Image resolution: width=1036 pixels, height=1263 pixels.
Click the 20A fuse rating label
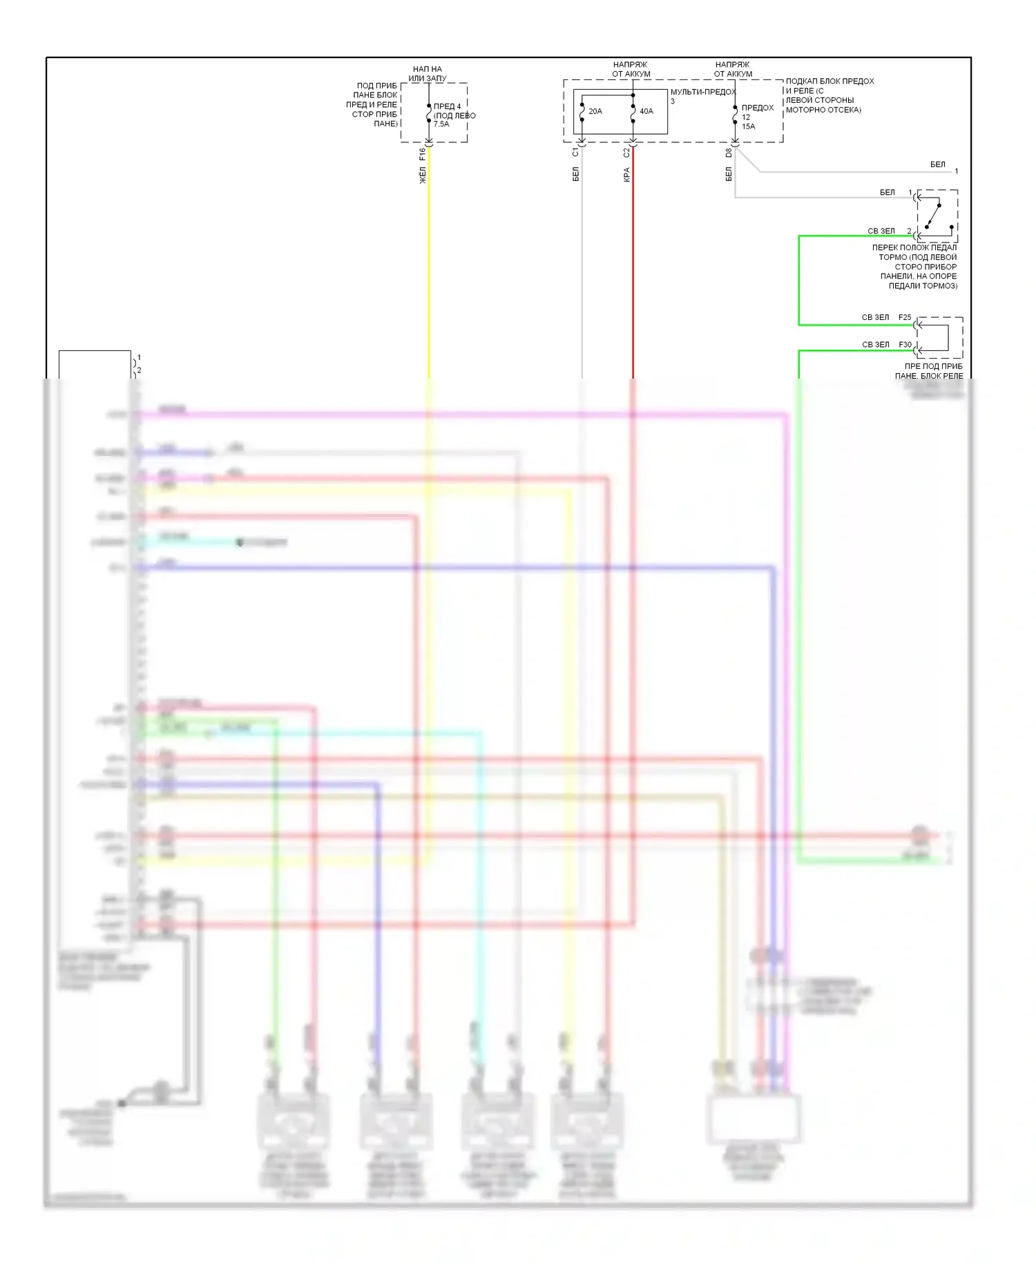595,111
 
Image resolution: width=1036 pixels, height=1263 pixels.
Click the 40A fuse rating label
646,111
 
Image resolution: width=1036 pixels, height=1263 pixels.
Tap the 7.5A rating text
441,124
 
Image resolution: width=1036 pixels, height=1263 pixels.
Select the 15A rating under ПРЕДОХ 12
748,126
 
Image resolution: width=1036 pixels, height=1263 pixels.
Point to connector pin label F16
422,154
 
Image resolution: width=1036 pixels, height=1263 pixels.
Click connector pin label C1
575,153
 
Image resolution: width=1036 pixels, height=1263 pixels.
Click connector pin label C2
626,153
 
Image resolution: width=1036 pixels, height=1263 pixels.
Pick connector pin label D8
728,153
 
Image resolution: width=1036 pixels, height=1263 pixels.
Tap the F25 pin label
905,318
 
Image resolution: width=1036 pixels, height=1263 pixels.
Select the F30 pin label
905,344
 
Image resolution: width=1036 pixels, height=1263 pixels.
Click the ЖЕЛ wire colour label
423,175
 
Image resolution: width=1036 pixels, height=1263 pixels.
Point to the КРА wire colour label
626,175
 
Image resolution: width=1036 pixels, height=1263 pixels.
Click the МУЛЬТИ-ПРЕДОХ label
703,92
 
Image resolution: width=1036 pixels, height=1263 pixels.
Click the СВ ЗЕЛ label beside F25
875,318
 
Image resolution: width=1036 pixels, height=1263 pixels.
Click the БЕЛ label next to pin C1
575,175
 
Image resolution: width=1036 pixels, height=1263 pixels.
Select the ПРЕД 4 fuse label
447,106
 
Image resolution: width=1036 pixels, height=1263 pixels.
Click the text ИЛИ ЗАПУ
427,78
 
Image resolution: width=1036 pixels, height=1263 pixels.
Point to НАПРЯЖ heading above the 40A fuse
630,65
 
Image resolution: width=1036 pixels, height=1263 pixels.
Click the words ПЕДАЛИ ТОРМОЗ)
923,285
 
